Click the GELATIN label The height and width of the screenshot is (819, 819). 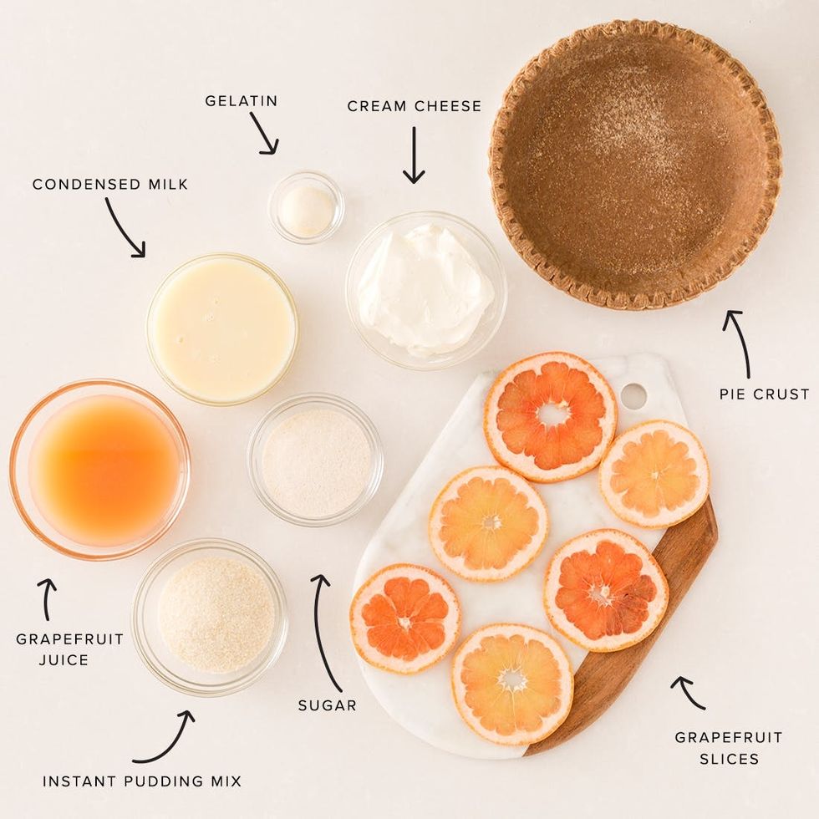tap(241, 101)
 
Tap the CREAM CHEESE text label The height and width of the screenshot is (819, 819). tap(415, 106)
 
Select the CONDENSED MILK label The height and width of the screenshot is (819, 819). tap(109, 185)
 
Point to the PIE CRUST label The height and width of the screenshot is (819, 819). tap(764, 394)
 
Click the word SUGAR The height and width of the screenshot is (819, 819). tap(327, 705)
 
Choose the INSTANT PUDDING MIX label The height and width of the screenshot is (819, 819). tap(142, 781)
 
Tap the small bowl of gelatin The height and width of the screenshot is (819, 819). tap(306, 207)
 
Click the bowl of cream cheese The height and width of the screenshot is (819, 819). tap(425, 291)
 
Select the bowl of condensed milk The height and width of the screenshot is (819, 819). tap(222, 329)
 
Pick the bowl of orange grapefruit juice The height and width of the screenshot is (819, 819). tap(99, 470)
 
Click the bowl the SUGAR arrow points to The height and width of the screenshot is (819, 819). tap(316, 460)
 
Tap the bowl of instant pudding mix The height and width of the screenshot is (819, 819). tap(210, 617)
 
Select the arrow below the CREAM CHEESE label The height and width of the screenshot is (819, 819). tap(414, 155)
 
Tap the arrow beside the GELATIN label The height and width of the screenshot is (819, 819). tap(263, 133)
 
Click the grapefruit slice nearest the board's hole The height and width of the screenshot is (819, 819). tap(551, 417)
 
